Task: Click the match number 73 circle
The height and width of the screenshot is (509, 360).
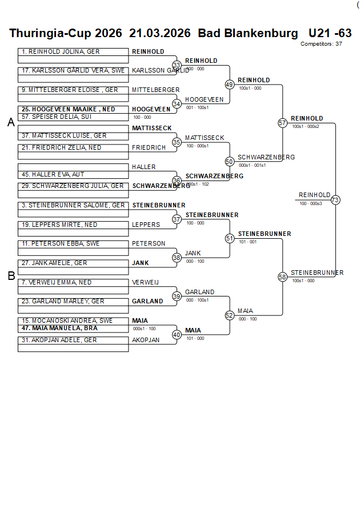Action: pyautogui.click(x=335, y=200)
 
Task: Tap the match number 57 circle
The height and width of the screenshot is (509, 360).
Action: pyautogui.click(x=282, y=123)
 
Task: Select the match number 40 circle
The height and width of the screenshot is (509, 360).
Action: pyautogui.click(x=177, y=335)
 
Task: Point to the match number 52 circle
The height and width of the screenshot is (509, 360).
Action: pyautogui.click(x=229, y=315)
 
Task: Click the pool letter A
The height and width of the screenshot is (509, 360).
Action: pyautogui.click(x=11, y=122)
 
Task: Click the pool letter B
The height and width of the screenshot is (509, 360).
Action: pyautogui.click(x=11, y=276)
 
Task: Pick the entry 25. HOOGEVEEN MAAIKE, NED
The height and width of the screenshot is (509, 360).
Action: pyautogui.click(x=68, y=109)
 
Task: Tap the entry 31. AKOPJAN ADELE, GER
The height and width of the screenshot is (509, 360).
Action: pyautogui.click(x=59, y=340)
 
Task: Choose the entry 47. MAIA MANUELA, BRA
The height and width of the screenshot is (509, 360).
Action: pyautogui.click(x=59, y=328)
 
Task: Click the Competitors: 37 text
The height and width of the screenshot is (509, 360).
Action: pyautogui.click(x=321, y=43)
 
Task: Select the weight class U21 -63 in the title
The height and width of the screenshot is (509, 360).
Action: pyautogui.click(x=330, y=33)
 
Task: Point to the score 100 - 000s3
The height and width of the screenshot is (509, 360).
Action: pyautogui.click(x=310, y=203)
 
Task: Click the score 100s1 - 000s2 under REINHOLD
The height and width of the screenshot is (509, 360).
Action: pyautogui.click(x=305, y=126)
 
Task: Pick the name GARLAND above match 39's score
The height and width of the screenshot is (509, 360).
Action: pyautogui.click(x=199, y=292)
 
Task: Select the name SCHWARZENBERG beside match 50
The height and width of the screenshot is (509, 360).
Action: pyautogui.click(x=266, y=157)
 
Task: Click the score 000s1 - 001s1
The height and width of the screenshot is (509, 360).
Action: pyautogui.click(x=252, y=165)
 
